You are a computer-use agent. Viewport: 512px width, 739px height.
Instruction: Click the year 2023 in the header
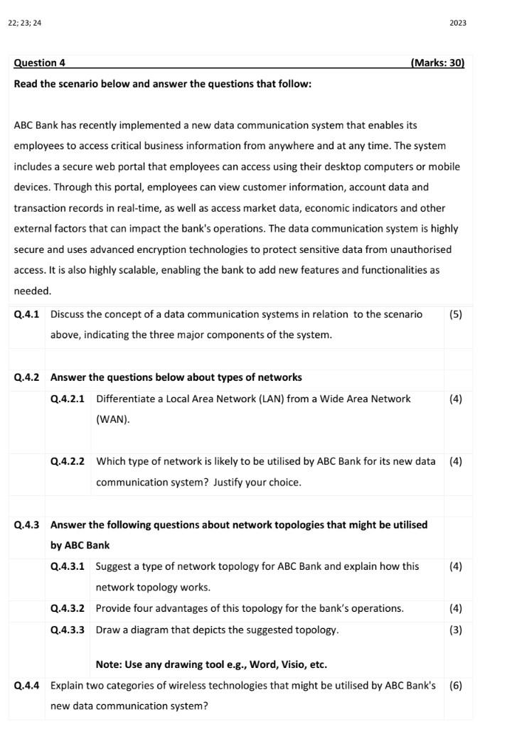(458, 23)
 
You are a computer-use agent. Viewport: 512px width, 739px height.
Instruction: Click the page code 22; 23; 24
(25, 23)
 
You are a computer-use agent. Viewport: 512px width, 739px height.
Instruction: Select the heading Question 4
(40, 63)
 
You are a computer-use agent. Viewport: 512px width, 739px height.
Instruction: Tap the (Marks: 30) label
(437, 63)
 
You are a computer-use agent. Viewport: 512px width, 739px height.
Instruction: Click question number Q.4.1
(27, 314)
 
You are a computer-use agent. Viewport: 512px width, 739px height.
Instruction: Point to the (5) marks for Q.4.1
(456, 314)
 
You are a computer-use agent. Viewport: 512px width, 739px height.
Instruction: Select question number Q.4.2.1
(68, 399)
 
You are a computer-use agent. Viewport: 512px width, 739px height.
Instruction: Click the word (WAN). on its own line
(113, 419)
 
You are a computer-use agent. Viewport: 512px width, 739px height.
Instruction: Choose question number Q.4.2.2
(68, 461)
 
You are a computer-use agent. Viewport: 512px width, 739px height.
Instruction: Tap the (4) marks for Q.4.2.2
(456, 461)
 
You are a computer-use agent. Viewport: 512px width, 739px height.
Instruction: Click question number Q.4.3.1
(68, 566)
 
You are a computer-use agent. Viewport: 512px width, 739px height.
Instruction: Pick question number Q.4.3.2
(68, 608)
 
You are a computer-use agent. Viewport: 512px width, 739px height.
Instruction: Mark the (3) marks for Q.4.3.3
(456, 630)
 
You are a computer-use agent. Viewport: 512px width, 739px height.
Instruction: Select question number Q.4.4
(27, 686)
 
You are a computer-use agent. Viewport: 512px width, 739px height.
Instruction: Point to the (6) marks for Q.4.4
(456, 686)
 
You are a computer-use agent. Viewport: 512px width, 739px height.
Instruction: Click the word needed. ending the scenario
(33, 291)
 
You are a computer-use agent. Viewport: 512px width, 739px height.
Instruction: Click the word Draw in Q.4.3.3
(108, 630)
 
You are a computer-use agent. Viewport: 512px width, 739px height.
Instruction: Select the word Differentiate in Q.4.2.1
(125, 399)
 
